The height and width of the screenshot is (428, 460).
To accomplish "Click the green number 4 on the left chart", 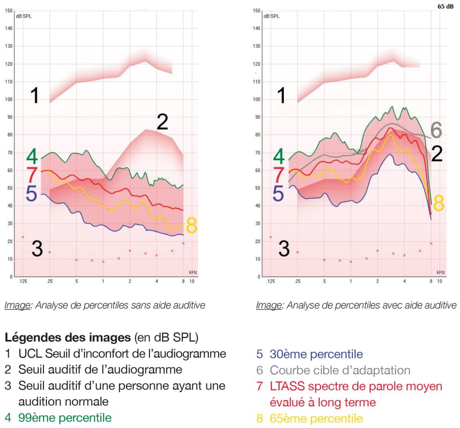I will [x=32, y=156].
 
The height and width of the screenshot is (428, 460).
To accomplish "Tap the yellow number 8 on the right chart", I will [x=439, y=203].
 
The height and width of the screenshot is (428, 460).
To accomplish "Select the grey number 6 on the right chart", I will [x=436, y=131].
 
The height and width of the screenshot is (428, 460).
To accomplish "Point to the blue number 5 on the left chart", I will [x=31, y=194].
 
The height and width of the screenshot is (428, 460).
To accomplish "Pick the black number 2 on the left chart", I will [x=162, y=123].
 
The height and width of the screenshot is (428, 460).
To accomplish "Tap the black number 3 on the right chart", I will [x=284, y=248].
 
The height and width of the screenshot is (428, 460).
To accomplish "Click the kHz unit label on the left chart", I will [x=193, y=272].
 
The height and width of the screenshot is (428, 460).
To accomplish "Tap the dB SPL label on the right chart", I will [x=271, y=16].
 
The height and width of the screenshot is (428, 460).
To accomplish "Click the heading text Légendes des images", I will [x=68, y=338].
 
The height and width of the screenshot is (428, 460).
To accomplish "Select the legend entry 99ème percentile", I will [x=64, y=417].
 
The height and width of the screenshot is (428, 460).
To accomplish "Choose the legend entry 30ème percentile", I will [x=316, y=354].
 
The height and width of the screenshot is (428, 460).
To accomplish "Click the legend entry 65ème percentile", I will [x=316, y=418].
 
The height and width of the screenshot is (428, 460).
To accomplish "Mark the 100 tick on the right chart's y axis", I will [x=257, y=100].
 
